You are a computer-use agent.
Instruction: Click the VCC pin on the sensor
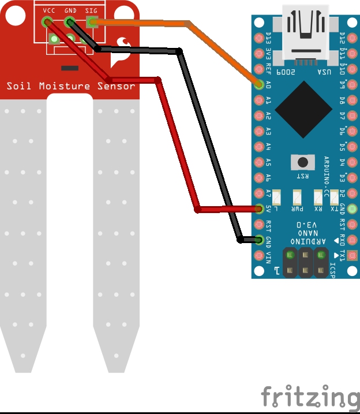click(47, 23)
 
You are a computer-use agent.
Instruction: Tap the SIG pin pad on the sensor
click(91, 23)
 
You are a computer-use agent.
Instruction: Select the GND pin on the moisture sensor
click(70, 23)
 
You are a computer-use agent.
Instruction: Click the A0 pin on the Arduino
click(259, 84)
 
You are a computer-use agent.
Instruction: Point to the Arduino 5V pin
click(259, 208)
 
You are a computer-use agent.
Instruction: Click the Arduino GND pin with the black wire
click(259, 240)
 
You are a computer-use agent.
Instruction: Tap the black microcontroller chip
click(303, 109)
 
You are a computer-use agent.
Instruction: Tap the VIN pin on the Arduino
click(259, 255)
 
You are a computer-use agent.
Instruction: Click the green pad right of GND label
click(352, 208)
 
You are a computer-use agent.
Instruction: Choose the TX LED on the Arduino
click(334, 198)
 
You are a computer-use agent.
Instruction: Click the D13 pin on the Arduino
click(259, 38)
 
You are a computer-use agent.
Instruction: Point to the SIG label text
click(91, 10)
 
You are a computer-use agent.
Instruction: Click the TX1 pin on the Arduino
click(352, 255)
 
